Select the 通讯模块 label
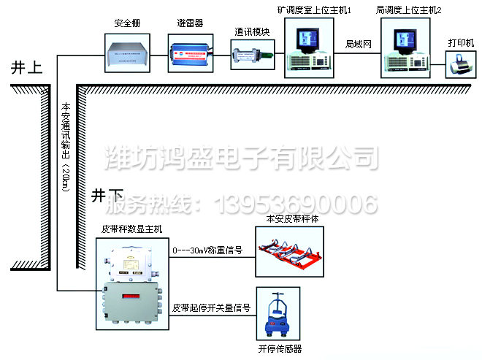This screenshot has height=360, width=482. (x=252, y=32)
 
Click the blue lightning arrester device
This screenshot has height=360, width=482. (x=191, y=55)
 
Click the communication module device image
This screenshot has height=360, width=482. (x=252, y=54)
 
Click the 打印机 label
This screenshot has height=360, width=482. (x=461, y=42)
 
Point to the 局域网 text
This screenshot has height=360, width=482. (x=359, y=45)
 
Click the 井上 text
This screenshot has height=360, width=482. (x=26, y=69)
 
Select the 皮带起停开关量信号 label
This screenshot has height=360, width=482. (x=212, y=308)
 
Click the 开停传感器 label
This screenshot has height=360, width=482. (x=280, y=349)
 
